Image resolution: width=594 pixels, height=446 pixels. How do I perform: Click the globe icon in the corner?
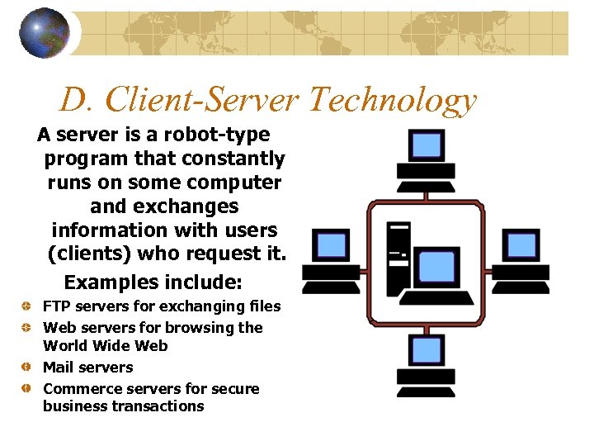(45, 32)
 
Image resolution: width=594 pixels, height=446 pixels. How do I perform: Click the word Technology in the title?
(392, 100)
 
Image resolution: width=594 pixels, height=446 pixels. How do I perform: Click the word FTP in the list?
(56, 306)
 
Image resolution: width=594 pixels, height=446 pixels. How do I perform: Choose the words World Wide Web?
(106, 345)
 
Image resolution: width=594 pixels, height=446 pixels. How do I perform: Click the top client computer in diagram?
(426, 154)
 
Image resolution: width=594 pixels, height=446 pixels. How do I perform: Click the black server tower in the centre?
(398, 256)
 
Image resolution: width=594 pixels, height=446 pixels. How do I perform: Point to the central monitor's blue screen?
(436, 265)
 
